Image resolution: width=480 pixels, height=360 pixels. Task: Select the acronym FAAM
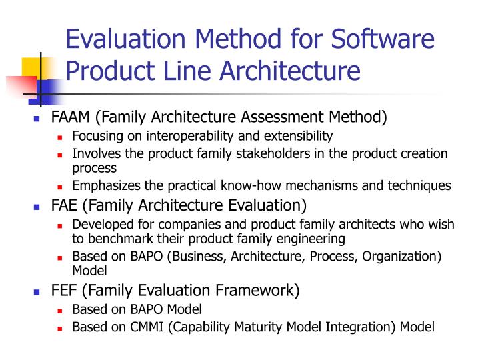click(71, 117)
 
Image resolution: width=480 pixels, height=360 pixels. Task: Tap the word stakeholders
click(259, 153)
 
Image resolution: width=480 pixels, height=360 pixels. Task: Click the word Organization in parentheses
click(405, 257)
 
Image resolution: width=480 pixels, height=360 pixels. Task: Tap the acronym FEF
click(65, 291)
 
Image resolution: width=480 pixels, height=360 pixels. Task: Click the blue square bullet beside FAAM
click(37, 119)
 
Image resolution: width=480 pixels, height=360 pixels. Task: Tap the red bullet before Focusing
click(59, 137)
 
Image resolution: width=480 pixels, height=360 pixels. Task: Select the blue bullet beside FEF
click(37, 292)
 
